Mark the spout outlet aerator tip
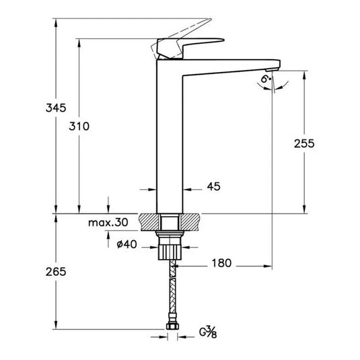272,69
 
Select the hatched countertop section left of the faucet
149,221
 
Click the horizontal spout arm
229,61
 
